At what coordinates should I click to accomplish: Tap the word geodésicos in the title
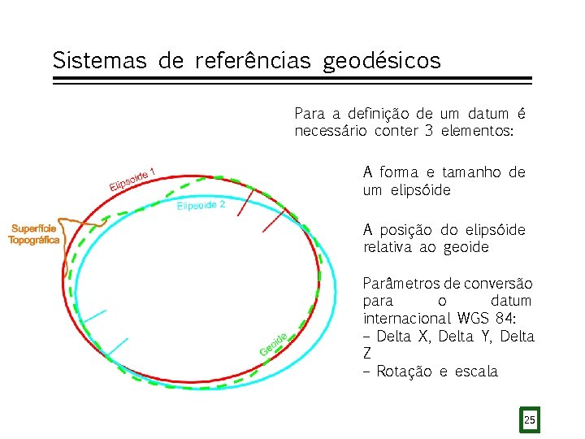(382, 62)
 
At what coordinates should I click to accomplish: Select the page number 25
(530, 420)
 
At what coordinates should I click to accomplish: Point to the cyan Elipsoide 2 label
(201, 206)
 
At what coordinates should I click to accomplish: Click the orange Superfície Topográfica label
(34, 234)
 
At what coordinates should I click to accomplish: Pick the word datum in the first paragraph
(489, 114)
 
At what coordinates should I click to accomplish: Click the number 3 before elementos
(427, 132)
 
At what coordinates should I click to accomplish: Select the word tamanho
(473, 172)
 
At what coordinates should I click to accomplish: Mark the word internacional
(408, 318)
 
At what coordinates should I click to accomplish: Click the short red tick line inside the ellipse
(273, 220)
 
